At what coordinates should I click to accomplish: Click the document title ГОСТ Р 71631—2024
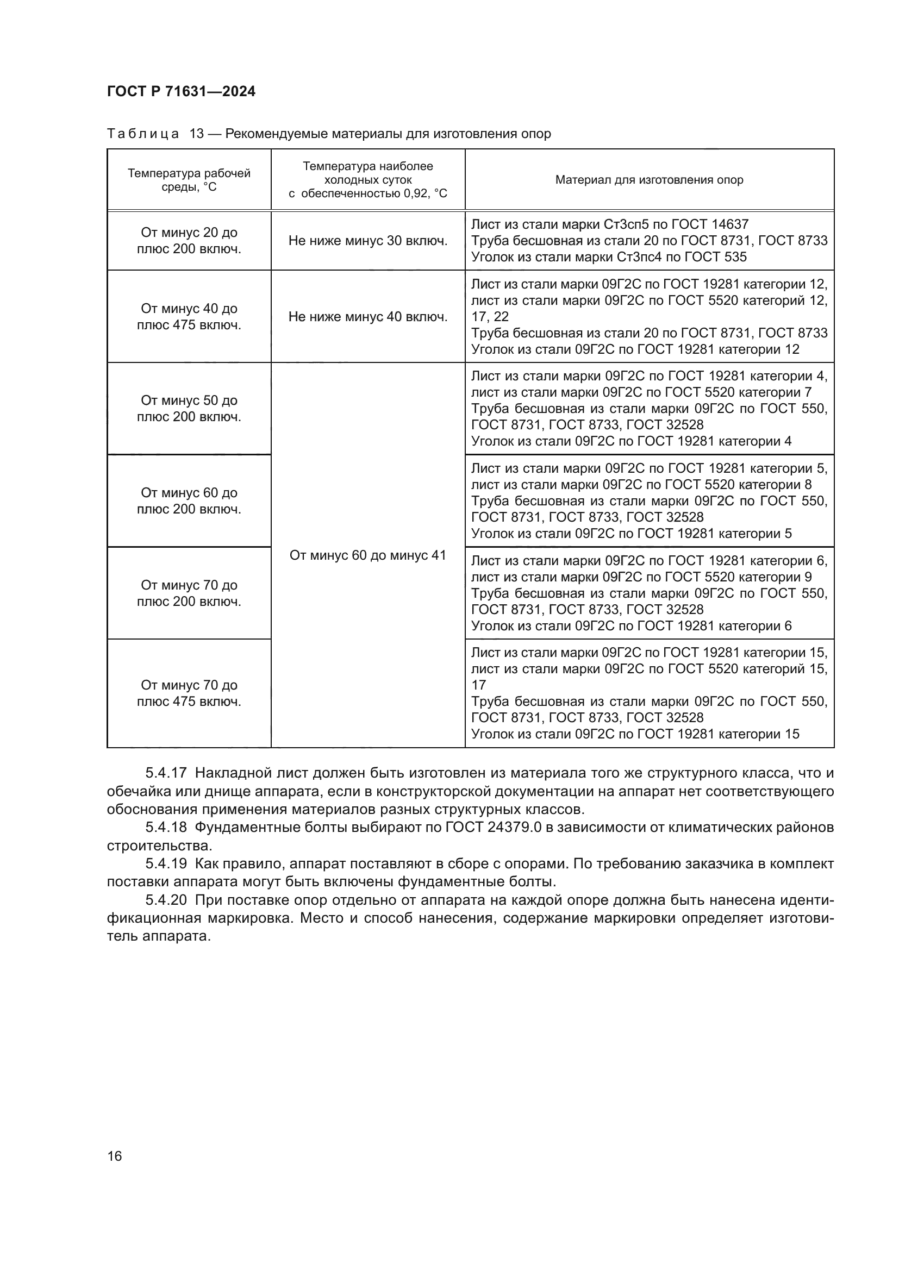tap(181, 92)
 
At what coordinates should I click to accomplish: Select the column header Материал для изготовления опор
tap(649, 180)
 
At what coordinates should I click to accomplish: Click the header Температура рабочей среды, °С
tap(189, 180)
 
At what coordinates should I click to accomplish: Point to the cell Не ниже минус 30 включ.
tap(367, 241)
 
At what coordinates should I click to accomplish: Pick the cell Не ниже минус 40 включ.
tap(367, 317)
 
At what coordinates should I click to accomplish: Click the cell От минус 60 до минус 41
tap(367, 555)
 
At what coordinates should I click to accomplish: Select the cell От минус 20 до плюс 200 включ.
tap(189, 241)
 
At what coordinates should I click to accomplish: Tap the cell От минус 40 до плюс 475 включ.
tap(189, 317)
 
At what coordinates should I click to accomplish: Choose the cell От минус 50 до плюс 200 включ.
tap(189, 409)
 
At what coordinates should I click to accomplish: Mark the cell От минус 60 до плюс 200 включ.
tap(189, 501)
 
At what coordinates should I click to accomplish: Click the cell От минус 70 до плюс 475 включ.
tap(189, 693)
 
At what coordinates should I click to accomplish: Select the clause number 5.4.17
tap(166, 773)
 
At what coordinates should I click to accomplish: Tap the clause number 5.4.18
tap(166, 828)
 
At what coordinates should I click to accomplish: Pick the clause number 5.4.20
tap(166, 900)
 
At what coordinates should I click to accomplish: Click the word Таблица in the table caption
tap(143, 134)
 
